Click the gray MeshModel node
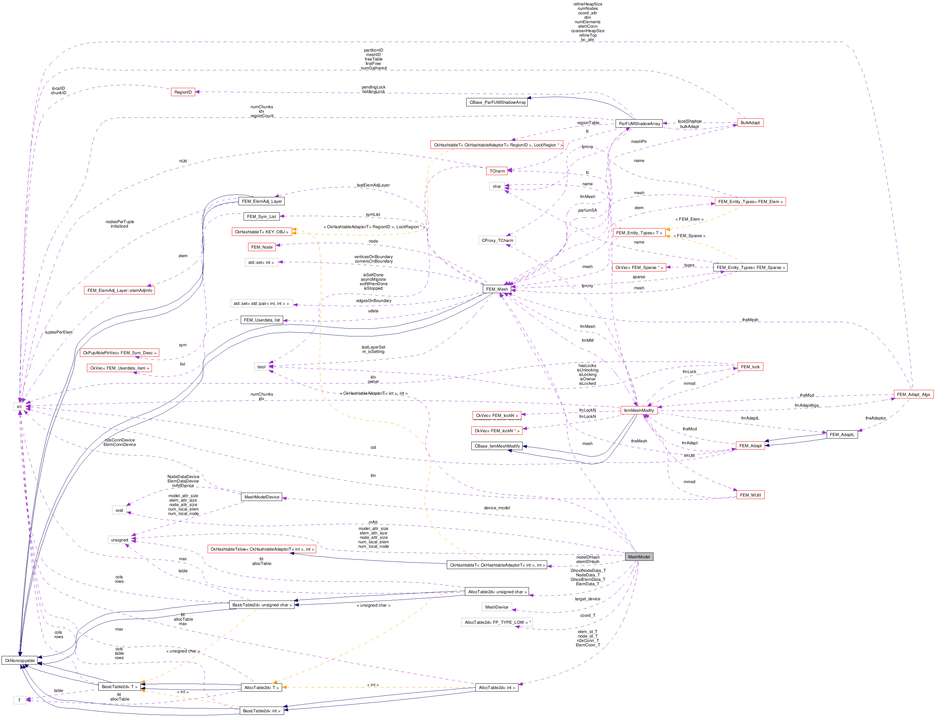coord(639,556)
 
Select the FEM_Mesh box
coord(497,289)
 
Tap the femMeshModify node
coord(639,410)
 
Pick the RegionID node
coord(183,92)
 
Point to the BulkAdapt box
coord(750,123)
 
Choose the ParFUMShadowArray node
coord(639,123)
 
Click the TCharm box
coord(497,171)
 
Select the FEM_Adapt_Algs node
coord(913,394)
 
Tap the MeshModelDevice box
coord(262,497)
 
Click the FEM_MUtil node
coord(750,495)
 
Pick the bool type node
coord(261,367)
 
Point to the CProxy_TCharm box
coord(497,240)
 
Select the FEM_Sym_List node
coord(261,217)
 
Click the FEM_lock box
coord(750,367)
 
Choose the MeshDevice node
coord(496,607)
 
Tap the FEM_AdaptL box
coord(841,435)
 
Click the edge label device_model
coord(497,508)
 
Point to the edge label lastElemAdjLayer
coord(373,185)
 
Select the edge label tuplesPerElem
coord(59,332)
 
